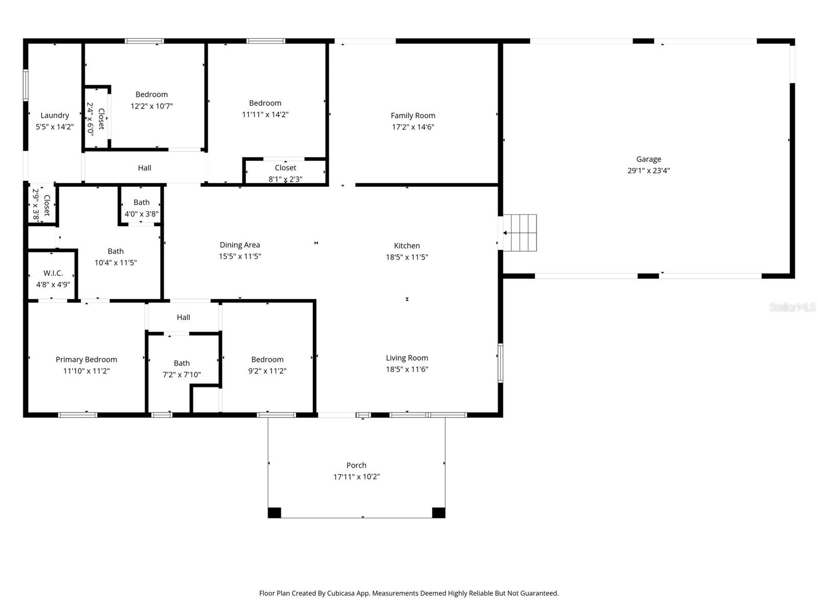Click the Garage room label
click(x=648, y=159)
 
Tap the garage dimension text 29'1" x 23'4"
click(x=648, y=171)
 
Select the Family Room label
click(x=413, y=116)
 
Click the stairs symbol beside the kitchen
click(x=520, y=233)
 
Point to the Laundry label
click(x=55, y=116)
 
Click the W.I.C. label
click(x=53, y=273)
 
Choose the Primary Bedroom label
click(x=86, y=360)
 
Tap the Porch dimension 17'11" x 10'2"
click(x=356, y=477)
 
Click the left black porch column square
click(x=275, y=512)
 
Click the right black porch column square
click(x=439, y=512)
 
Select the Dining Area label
click(x=240, y=245)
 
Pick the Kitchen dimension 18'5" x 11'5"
click(x=407, y=257)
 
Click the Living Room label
click(x=407, y=358)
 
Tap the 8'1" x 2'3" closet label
click(x=285, y=179)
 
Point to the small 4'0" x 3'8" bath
click(x=142, y=208)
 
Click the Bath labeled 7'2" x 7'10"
click(x=181, y=369)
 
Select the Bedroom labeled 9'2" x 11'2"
click(x=267, y=365)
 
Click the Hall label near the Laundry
click(x=145, y=168)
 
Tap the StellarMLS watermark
click(x=792, y=307)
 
